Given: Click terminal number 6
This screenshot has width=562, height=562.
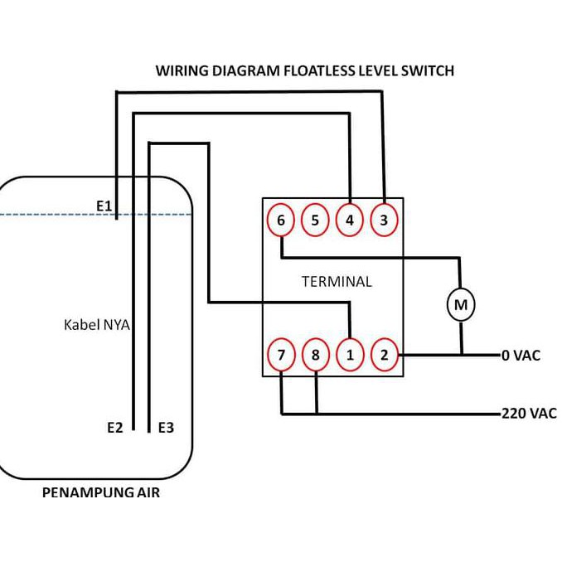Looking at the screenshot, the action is (281, 220).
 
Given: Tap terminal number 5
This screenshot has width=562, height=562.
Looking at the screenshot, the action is (315, 220).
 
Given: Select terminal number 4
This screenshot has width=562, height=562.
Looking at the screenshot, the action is (350, 220).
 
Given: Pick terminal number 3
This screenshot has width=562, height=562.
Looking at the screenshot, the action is (384, 220).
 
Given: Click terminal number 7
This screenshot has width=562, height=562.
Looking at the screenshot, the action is (281, 355).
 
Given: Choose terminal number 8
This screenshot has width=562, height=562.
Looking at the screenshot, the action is (316, 355).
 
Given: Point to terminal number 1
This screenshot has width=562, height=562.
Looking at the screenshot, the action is (350, 355).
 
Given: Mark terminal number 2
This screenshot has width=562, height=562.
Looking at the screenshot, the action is (385, 355).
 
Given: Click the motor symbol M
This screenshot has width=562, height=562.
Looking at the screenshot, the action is (461, 304).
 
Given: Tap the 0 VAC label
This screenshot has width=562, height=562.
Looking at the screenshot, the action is (521, 356).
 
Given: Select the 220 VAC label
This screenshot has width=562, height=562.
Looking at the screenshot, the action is (529, 414).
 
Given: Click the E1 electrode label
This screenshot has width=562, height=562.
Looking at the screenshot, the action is (104, 206).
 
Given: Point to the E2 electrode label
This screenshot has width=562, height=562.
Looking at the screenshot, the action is (115, 427).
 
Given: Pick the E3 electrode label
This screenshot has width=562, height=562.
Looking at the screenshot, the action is (166, 427).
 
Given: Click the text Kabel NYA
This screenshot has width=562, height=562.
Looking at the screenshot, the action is (97, 325).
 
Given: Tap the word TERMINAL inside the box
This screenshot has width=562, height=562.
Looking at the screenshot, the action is (337, 282).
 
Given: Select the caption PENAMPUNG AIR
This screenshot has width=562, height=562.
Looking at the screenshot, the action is (101, 492).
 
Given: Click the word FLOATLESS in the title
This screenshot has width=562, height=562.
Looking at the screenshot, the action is (319, 70).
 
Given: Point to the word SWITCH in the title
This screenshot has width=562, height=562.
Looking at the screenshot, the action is (427, 70).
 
